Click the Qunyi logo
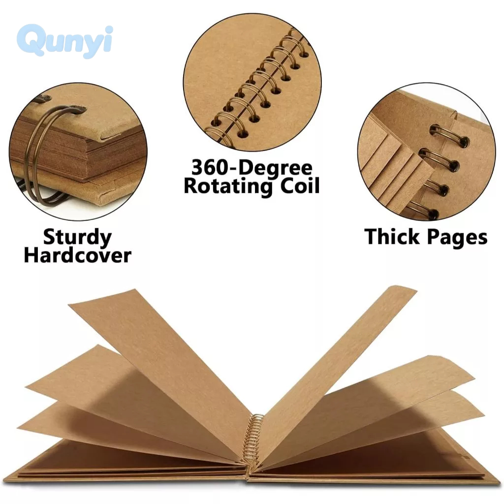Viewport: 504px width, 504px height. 65,41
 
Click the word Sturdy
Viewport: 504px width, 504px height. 77,237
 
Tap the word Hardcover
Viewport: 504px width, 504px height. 77,255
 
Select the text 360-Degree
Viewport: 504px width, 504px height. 252,168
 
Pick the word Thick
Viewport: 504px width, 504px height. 392,237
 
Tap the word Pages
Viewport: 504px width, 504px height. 457,238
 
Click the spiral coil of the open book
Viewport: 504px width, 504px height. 255,441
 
